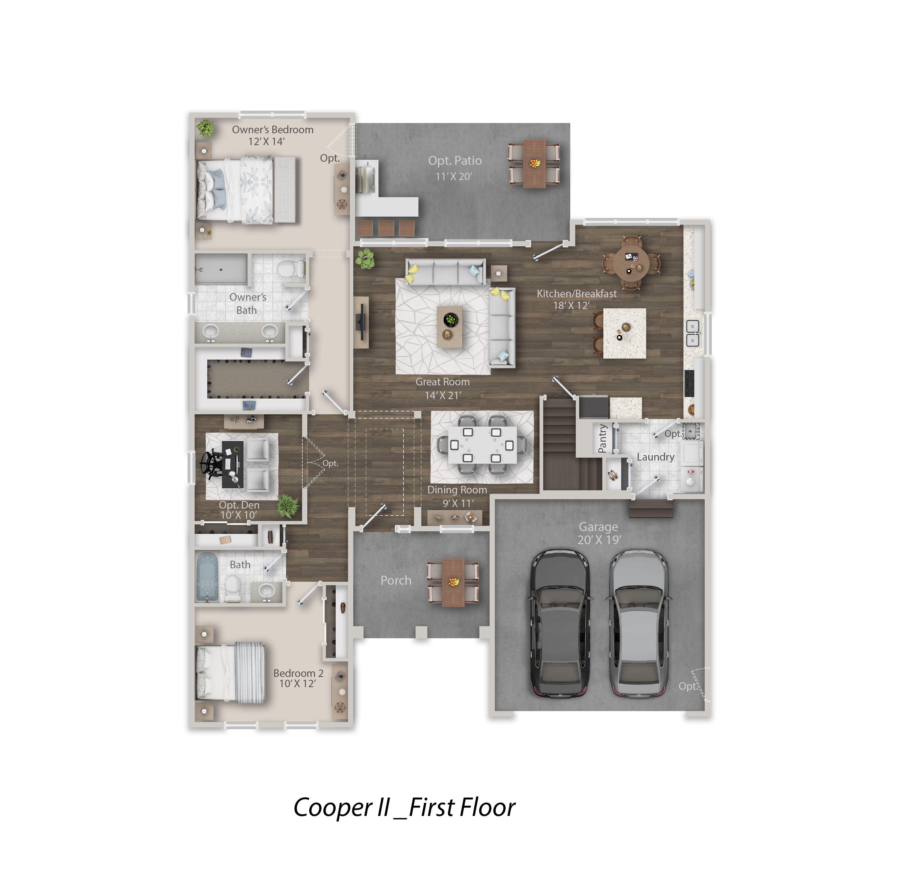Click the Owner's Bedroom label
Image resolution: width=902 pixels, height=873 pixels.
272,130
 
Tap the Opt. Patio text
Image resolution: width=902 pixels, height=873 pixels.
455,161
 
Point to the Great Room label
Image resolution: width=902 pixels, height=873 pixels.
443,382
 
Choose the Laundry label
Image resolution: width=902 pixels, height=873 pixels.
655,457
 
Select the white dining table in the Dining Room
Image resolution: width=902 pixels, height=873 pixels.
482,445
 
